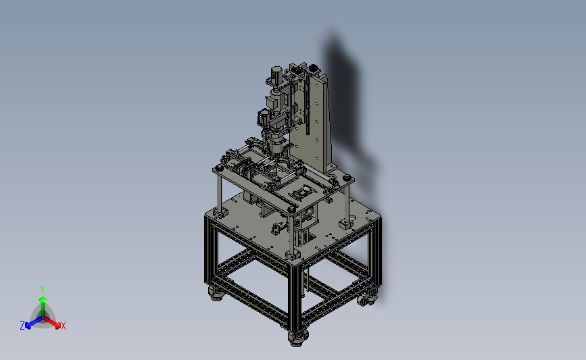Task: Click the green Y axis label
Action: pyautogui.click(x=42, y=290)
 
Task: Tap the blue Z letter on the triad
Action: pyautogui.click(x=22, y=326)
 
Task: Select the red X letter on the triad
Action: pyautogui.click(x=63, y=326)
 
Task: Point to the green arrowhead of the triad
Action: pyautogui.click(x=43, y=299)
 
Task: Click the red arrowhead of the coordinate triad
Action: pyautogui.click(x=57, y=326)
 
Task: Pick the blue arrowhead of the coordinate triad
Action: pyautogui.click(x=28, y=326)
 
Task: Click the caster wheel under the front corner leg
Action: pyautogui.click(x=297, y=338)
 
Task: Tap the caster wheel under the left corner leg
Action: pyautogui.click(x=216, y=294)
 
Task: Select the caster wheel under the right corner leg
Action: pyautogui.click(x=366, y=299)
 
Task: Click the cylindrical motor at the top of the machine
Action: pyautogui.click(x=276, y=74)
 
